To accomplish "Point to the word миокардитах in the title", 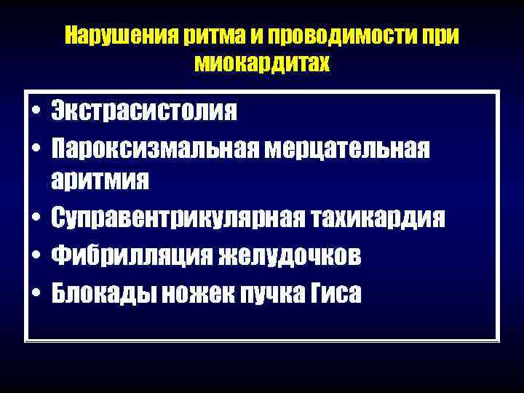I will coord(262,64).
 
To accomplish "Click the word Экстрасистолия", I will coord(144,112).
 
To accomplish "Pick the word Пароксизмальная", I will coord(154,148).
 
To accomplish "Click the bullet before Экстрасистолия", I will coord(35,114).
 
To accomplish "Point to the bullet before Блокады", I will coord(35,293).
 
